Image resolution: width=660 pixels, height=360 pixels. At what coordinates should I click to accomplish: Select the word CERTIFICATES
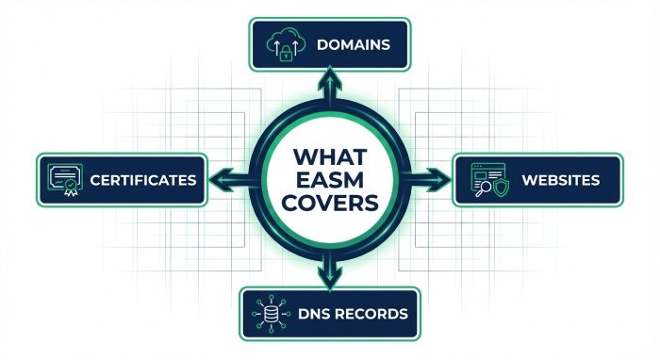click(144, 179)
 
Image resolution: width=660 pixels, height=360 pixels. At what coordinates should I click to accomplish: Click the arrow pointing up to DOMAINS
click(329, 85)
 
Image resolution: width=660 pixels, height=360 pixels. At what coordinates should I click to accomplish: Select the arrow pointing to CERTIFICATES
click(223, 179)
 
